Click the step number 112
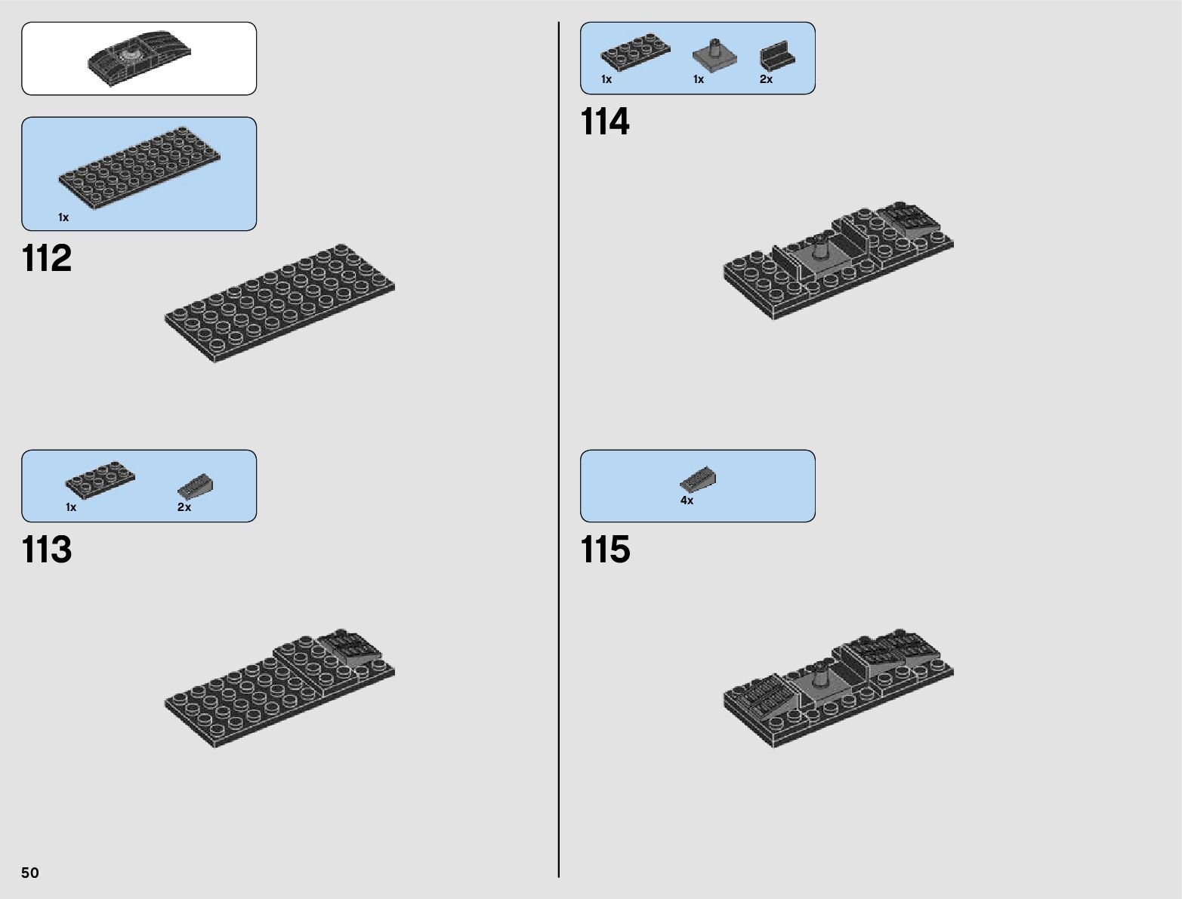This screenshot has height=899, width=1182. (x=47, y=258)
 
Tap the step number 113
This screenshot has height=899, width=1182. (x=47, y=550)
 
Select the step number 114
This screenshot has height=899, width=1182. (x=604, y=122)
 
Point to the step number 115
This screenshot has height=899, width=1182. (x=604, y=550)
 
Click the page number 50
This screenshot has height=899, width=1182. (x=30, y=873)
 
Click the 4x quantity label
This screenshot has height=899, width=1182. (x=687, y=500)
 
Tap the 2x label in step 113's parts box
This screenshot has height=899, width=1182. (x=184, y=507)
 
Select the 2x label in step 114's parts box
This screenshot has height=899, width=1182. (x=766, y=79)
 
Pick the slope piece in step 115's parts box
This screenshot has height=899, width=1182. (x=698, y=479)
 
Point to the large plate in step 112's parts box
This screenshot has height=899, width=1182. (x=139, y=168)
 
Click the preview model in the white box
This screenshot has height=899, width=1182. (x=139, y=57)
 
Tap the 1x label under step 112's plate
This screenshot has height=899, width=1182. (x=63, y=217)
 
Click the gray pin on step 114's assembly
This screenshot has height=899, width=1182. (x=820, y=245)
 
